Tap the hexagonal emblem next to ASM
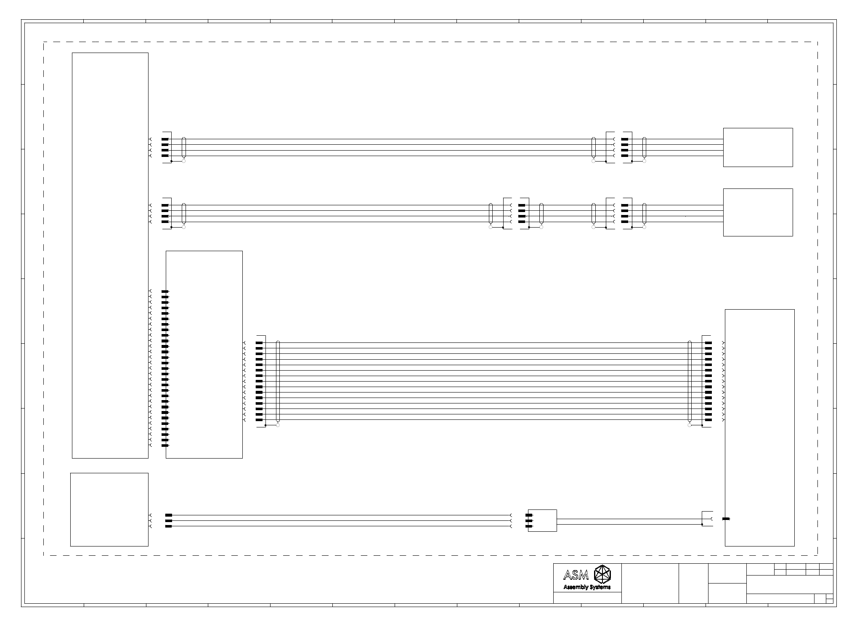(x=602, y=574)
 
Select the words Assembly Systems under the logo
(x=587, y=587)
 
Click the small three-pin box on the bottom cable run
(x=542, y=521)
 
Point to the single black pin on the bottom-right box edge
(x=726, y=519)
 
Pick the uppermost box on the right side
(x=758, y=147)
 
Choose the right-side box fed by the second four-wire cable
(x=758, y=212)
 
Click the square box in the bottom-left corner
(x=109, y=509)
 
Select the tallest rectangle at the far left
(x=110, y=255)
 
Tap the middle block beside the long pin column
(x=204, y=355)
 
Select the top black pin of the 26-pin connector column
(x=165, y=292)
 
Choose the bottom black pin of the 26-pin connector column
(x=165, y=446)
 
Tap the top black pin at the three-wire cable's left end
(x=169, y=515)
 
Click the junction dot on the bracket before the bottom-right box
(x=702, y=525)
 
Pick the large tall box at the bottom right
(x=759, y=427)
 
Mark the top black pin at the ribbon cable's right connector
(x=708, y=343)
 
